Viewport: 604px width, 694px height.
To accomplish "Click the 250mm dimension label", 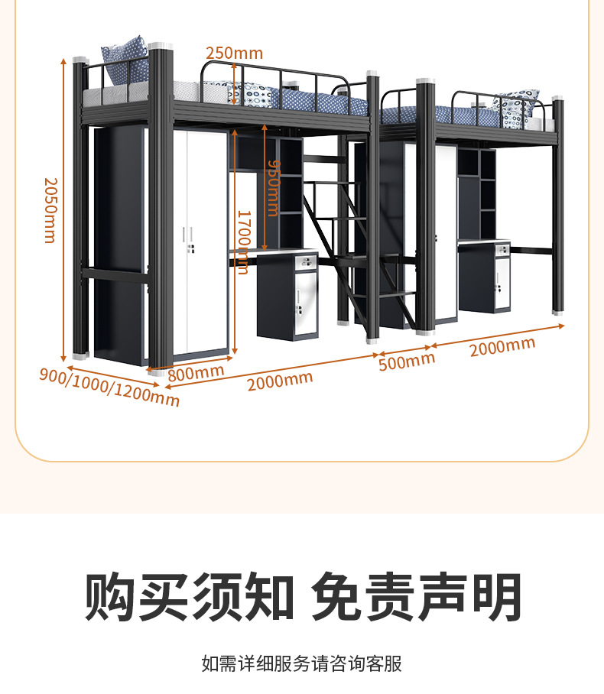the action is point(234,53).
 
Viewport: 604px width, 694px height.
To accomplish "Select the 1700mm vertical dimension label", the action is point(242,242).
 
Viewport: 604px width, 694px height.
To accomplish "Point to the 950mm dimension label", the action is point(272,188).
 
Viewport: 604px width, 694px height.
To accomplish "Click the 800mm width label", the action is point(196,373).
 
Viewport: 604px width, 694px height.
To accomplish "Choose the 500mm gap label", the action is point(406,360).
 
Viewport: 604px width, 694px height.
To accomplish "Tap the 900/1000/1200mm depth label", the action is point(109,386).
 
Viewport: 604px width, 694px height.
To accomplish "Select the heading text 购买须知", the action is point(189,597).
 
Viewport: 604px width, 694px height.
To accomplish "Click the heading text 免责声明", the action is point(417,597).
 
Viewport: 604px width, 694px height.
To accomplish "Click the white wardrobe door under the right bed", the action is point(446,229).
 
